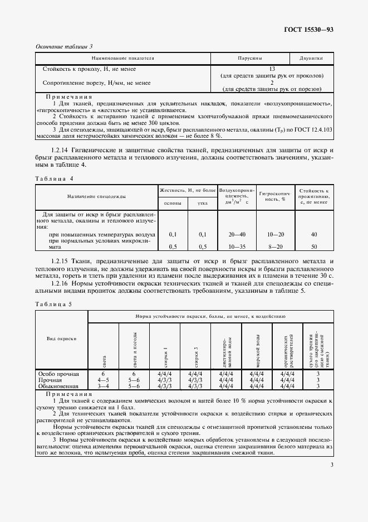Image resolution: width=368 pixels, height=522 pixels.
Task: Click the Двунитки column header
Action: (x=311, y=57)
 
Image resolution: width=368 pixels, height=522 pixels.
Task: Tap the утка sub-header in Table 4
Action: (x=203, y=203)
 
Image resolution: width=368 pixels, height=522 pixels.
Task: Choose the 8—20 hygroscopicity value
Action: (x=274, y=246)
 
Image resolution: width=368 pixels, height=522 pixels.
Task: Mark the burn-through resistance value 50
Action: (x=314, y=246)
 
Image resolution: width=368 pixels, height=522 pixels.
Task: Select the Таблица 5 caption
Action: (x=54, y=304)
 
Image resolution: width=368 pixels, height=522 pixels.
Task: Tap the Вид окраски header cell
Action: (x=61, y=339)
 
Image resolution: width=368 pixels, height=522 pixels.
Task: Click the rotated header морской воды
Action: (x=258, y=347)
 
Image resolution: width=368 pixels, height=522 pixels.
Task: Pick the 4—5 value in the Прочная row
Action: (x=102, y=379)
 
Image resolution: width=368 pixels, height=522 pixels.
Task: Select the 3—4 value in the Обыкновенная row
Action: (x=102, y=385)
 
